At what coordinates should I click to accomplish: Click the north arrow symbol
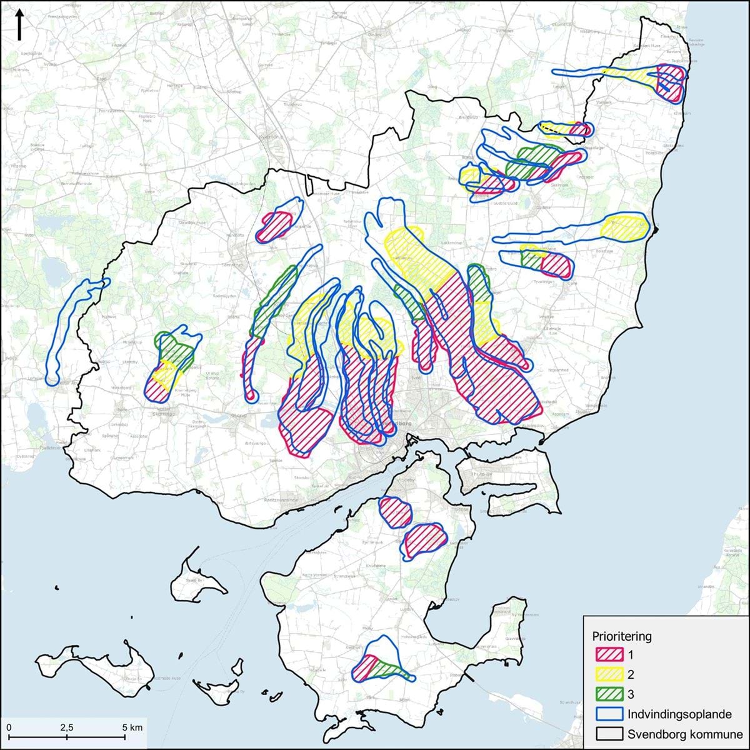(19, 25)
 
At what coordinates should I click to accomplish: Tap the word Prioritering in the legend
(621, 636)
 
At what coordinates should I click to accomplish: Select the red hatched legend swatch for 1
(609, 655)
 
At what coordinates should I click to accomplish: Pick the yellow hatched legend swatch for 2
(609, 674)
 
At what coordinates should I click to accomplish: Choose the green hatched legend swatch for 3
(609, 694)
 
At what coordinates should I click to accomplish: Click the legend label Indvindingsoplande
(679, 714)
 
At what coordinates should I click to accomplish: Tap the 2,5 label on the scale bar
(67, 727)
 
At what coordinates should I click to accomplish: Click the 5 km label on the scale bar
(132, 727)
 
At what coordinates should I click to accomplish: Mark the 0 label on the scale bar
(9, 727)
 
